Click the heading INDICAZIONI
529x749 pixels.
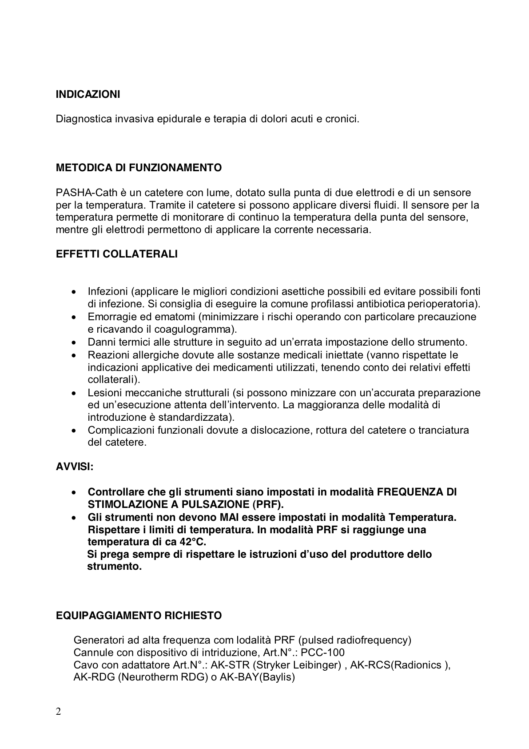(x=88, y=95)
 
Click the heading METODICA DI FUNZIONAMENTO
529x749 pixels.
(x=139, y=168)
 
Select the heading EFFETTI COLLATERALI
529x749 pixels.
(x=117, y=254)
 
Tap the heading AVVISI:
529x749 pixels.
(x=75, y=467)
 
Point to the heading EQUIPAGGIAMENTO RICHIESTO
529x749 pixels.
(x=139, y=616)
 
